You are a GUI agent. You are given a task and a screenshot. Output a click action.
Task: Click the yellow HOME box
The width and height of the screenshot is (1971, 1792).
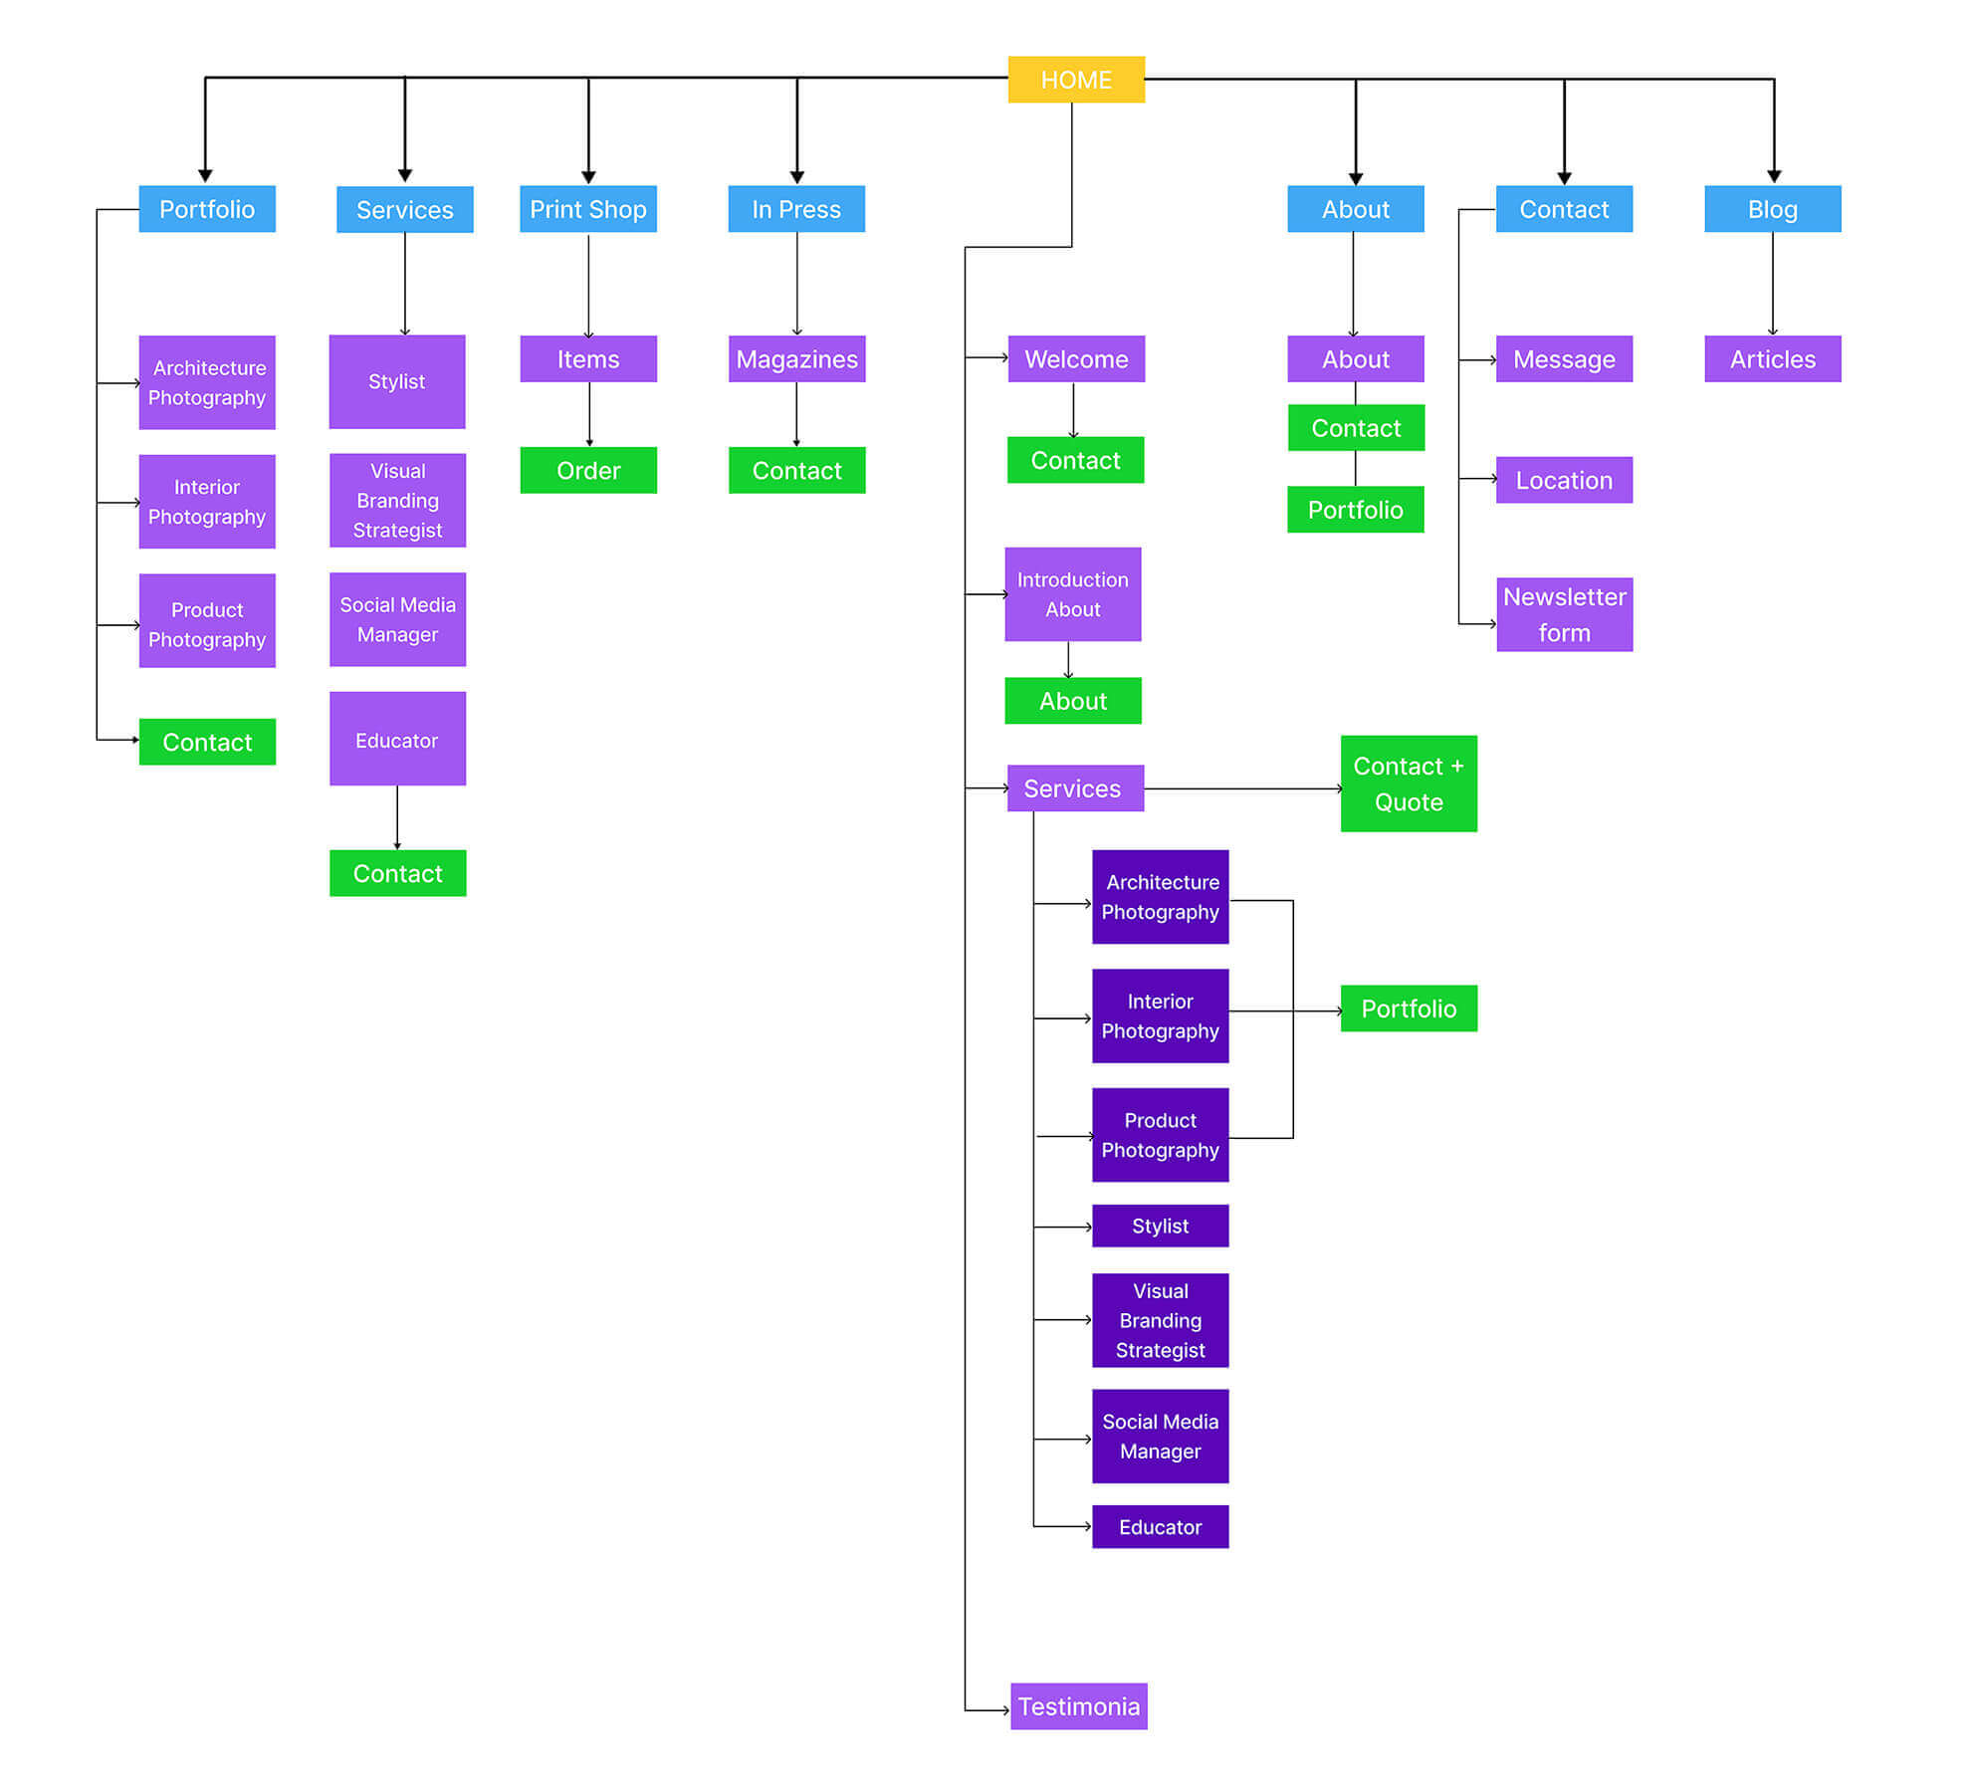1075,80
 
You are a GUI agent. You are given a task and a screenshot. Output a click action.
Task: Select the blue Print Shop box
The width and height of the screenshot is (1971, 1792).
587,209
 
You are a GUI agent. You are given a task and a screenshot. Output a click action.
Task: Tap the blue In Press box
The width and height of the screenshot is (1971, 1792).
795,209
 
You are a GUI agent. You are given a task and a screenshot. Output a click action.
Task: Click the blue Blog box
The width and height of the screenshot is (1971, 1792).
1772,209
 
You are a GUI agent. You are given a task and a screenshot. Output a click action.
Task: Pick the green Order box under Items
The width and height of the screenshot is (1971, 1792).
587,470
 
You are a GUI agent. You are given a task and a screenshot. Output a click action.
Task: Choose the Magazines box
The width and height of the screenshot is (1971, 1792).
796,358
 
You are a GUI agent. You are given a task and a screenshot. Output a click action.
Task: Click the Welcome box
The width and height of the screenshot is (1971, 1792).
1075,358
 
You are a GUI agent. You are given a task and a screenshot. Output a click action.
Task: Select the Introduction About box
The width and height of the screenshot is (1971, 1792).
1072,594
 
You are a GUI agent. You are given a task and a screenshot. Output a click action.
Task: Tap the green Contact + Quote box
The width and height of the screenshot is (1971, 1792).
1408,784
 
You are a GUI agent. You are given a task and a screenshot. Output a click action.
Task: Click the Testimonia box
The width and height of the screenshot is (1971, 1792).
1078,1705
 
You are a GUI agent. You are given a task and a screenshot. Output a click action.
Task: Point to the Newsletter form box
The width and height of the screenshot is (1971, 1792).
1563,614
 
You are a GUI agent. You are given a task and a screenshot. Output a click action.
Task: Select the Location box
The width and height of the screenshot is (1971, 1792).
1563,480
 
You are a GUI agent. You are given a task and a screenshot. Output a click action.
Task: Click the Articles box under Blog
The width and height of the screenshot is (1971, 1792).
1772,358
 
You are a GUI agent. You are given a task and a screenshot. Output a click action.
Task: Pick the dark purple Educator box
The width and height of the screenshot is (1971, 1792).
1160,1526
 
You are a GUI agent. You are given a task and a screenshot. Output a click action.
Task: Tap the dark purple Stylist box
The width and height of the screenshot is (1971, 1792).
1160,1226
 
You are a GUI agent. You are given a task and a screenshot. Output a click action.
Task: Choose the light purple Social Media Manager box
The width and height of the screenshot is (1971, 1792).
397,619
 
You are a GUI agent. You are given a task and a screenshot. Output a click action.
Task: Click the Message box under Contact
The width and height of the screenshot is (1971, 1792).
1563,358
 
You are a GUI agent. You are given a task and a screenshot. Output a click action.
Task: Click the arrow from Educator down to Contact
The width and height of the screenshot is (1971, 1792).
397,816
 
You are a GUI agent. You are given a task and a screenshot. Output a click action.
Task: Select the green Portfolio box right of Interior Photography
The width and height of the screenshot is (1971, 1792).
1408,1008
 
